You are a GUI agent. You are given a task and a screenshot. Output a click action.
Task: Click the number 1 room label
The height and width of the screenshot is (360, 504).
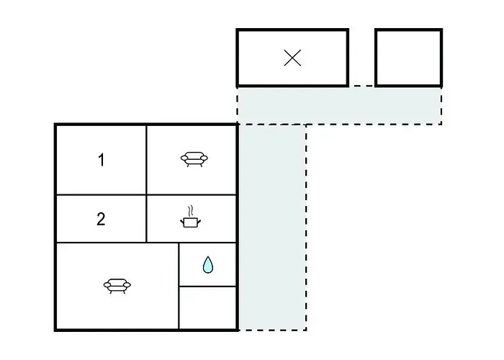tap(102, 160)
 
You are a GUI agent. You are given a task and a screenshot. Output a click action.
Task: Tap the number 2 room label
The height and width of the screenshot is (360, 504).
tap(101, 219)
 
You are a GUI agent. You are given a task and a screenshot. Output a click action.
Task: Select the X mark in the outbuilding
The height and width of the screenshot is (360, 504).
tap(292, 58)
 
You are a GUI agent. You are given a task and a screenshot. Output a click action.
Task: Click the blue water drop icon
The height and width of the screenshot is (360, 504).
tap(208, 264)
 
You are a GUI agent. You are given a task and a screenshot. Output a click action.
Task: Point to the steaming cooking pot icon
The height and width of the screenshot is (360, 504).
tap(191, 217)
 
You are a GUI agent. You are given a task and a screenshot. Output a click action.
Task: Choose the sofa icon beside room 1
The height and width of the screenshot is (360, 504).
tap(194, 159)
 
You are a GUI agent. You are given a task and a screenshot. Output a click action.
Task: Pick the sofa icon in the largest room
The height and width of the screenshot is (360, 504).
tap(117, 286)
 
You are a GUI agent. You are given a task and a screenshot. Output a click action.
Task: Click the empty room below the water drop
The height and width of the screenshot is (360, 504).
tap(207, 307)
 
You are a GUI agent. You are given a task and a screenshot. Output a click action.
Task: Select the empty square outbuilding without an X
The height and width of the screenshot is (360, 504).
tap(408, 58)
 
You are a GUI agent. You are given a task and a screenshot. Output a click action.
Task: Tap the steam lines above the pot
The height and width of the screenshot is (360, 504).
tap(191, 211)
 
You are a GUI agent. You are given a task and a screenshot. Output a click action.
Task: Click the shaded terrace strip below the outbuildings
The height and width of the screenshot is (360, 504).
tap(339, 105)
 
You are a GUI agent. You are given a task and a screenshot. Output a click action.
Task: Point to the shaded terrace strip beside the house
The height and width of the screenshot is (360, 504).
tap(272, 227)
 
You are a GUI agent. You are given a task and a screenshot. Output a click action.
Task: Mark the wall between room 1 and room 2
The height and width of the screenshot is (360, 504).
tap(102, 195)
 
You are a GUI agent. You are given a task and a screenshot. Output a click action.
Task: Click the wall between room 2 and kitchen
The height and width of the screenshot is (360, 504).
tap(146, 219)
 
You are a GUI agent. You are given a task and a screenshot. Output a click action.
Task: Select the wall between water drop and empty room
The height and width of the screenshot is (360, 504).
tap(207, 286)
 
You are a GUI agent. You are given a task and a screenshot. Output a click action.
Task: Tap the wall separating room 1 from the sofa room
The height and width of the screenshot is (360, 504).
tap(147, 160)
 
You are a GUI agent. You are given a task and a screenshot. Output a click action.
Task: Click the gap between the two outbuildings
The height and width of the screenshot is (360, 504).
tap(361, 58)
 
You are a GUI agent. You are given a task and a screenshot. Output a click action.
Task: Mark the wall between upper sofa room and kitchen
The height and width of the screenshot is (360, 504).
tap(192, 195)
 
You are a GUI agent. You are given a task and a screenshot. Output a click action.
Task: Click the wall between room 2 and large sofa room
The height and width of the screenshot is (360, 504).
tap(102, 243)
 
